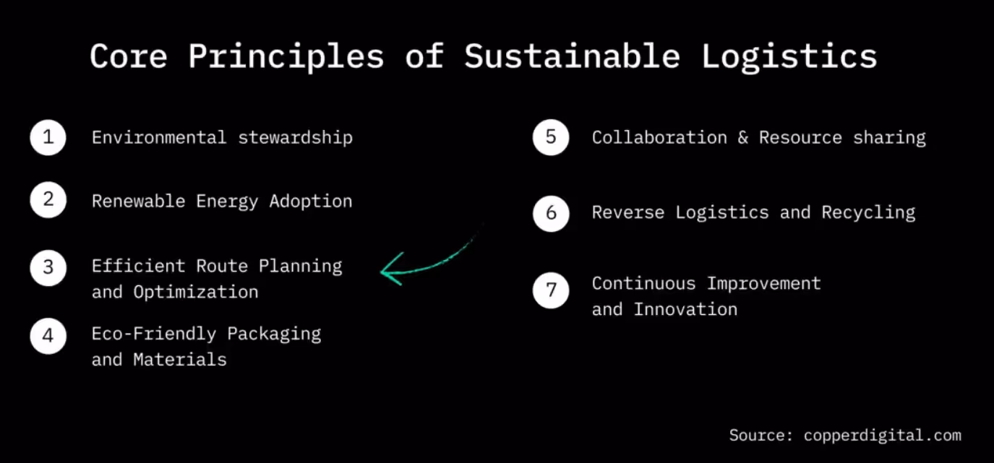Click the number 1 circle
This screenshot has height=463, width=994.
click(x=48, y=137)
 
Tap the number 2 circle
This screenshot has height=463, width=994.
click(x=48, y=200)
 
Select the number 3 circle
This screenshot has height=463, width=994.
click(x=48, y=268)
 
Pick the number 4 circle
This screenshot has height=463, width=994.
click(x=48, y=336)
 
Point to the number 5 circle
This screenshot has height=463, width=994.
click(x=551, y=137)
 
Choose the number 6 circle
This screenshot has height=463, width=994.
click(x=551, y=213)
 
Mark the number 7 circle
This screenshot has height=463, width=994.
click(x=551, y=290)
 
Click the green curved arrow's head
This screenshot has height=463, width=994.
click(x=389, y=271)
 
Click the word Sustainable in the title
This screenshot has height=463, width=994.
click(x=572, y=56)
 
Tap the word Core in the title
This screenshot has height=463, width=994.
click(x=129, y=56)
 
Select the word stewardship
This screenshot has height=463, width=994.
click(x=295, y=137)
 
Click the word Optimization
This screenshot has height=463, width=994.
click(x=195, y=292)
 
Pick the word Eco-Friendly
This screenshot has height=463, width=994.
click(x=153, y=334)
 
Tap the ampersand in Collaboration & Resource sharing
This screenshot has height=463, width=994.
click(x=743, y=137)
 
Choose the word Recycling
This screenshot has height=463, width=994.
click(x=868, y=212)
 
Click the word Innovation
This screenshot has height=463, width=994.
click(x=685, y=309)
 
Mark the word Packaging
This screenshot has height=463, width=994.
click(x=274, y=334)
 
